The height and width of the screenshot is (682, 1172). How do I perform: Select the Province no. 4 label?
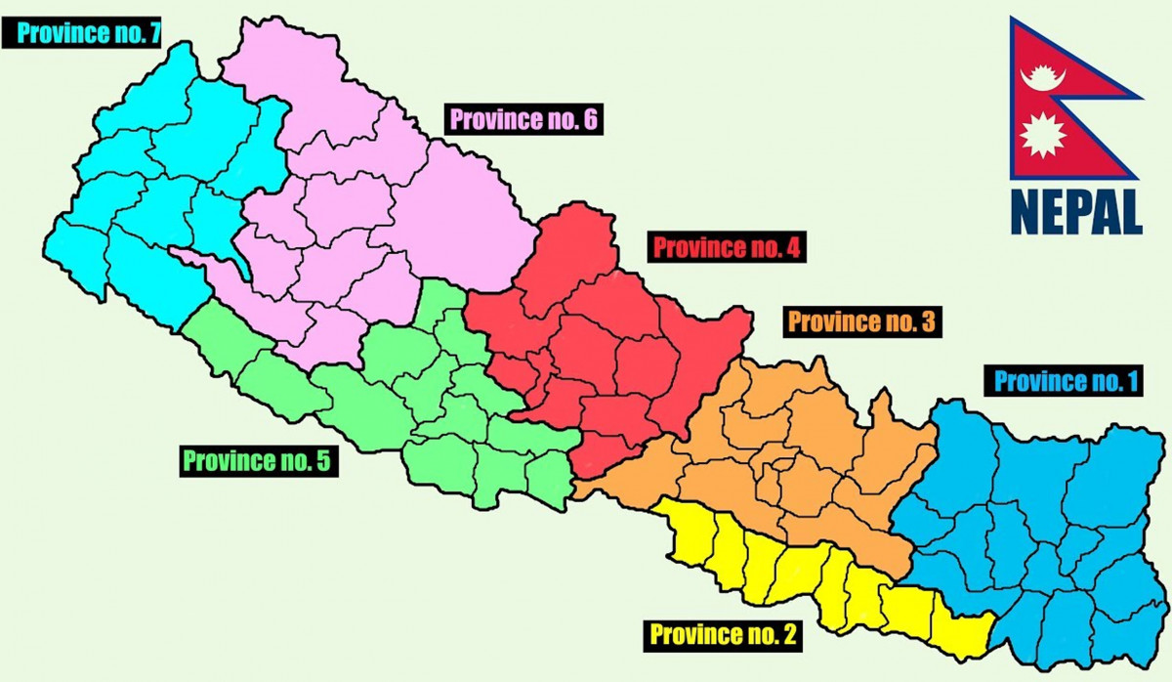point(727,247)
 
